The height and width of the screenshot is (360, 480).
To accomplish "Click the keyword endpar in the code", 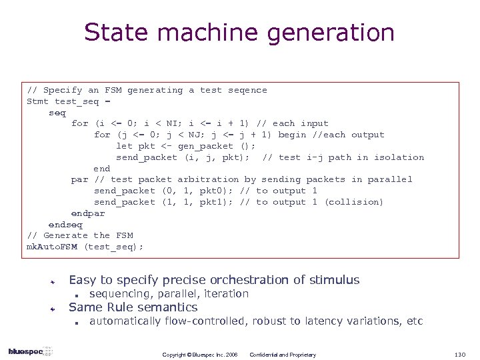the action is tap(88, 213).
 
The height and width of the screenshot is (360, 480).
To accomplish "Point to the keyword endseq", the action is tap(65, 225).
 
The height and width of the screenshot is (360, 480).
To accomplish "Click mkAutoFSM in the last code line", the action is tap(52, 247).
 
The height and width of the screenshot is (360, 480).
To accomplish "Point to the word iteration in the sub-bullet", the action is tap(225, 294).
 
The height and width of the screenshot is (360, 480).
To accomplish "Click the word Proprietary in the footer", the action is tap(301, 355).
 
